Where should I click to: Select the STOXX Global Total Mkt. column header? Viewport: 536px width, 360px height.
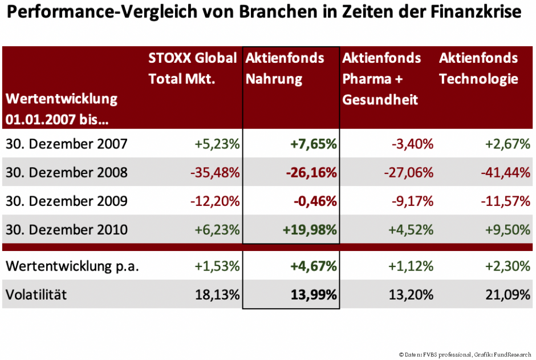click(x=192, y=68)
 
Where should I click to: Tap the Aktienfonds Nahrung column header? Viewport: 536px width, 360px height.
click(x=285, y=68)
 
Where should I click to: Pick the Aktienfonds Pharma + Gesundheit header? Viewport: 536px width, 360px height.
click(x=381, y=79)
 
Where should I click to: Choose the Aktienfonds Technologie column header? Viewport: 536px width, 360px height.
click(x=478, y=68)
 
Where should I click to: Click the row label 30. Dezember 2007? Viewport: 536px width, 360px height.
click(x=67, y=144)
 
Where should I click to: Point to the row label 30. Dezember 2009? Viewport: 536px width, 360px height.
click(x=67, y=201)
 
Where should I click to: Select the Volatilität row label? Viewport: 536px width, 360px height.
click(x=36, y=294)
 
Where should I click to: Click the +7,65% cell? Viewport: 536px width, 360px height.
click(x=313, y=144)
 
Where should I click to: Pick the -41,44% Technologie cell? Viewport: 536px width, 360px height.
click(x=505, y=172)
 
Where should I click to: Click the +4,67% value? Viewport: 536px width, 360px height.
click(x=313, y=266)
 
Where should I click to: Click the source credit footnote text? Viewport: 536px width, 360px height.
click(x=465, y=354)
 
